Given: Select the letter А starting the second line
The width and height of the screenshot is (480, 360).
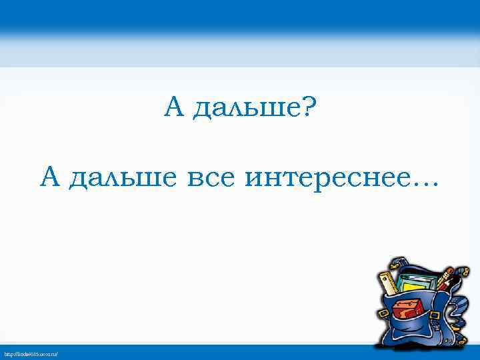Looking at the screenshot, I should (x=50, y=178).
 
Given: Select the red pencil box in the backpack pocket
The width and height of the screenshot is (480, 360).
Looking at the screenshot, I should (x=407, y=310).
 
